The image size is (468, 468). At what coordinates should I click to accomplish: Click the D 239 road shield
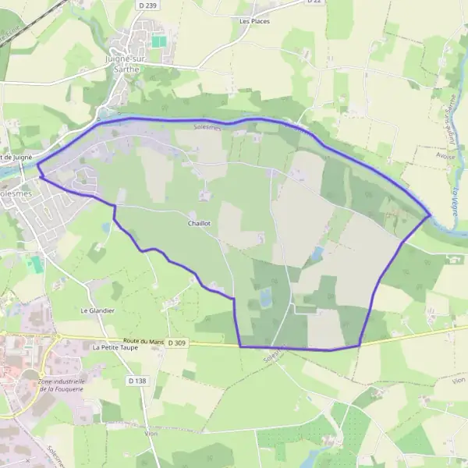[x=152, y=5]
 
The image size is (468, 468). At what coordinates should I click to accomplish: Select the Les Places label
[x=254, y=21]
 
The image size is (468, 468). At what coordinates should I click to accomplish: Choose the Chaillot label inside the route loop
[x=199, y=223]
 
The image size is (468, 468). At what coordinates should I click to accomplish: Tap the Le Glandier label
[x=97, y=310]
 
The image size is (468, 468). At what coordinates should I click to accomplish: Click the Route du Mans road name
[x=144, y=342]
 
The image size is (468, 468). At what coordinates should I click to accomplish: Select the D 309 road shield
[x=178, y=342]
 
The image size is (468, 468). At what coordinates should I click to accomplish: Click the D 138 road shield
[x=136, y=381]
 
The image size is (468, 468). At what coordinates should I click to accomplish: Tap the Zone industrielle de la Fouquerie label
[x=61, y=385]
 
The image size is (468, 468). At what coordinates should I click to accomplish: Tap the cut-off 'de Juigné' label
[x=17, y=158]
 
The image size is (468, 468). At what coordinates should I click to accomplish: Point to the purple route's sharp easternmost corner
[x=430, y=215]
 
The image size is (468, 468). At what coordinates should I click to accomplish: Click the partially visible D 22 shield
[x=314, y=2]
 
